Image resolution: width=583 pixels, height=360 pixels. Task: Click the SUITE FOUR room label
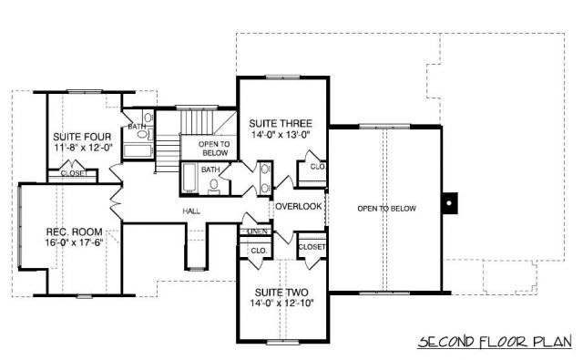[x=82, y=137]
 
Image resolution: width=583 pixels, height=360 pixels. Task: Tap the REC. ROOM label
[x=74, y=232]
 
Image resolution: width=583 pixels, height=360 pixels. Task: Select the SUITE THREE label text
[x=281, y=123]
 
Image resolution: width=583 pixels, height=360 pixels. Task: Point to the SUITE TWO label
[x=281, y=293]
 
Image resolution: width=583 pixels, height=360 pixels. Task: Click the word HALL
[x=191, y=211]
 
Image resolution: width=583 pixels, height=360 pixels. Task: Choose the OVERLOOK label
[x=299, y=206]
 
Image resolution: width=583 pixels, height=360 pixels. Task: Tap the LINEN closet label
[x=257, y=231]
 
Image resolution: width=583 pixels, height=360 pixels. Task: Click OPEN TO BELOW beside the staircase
[x=214, y=149]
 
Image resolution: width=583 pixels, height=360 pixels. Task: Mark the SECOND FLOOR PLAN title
[x=495, y=342]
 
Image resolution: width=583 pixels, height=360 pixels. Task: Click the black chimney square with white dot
[x=449, y=203]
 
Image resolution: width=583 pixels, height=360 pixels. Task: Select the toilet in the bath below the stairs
[x=214, y=186]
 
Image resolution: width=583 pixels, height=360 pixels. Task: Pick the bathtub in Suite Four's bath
[x=138, y=151]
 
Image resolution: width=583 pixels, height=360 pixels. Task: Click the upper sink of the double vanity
[x=265, y=170]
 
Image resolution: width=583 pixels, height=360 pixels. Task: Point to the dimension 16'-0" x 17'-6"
[x=74, y=242]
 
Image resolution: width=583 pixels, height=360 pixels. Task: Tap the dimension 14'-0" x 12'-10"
[x=282, y=303]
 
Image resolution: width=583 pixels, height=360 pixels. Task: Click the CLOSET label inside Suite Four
[x=73, y=173]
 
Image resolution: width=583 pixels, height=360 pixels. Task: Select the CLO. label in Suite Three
[x=318, y=167]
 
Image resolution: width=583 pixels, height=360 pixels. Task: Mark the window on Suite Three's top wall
[x=282, y=77]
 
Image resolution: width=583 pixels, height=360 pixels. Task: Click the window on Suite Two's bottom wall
[x=282, y=342]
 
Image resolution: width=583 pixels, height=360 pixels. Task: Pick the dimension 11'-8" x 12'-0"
[x=83, y=148]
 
